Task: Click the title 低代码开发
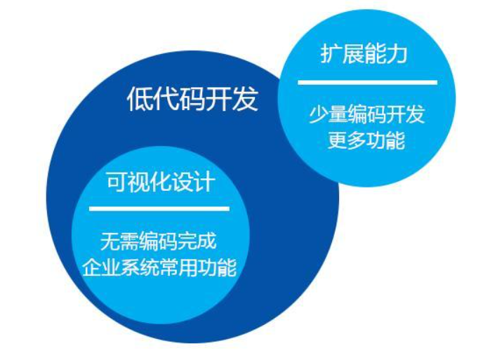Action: pos(192,99)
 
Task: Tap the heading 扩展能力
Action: pos(364,55)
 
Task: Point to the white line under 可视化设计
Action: pos(159,208)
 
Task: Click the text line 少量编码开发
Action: pos(366,114)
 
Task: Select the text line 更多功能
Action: pos(366,140)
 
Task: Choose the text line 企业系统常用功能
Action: pos(159,267)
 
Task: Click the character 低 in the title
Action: pos(140,99)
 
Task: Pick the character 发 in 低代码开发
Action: pos(245,99)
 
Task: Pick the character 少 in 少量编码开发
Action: pos(318,114)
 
